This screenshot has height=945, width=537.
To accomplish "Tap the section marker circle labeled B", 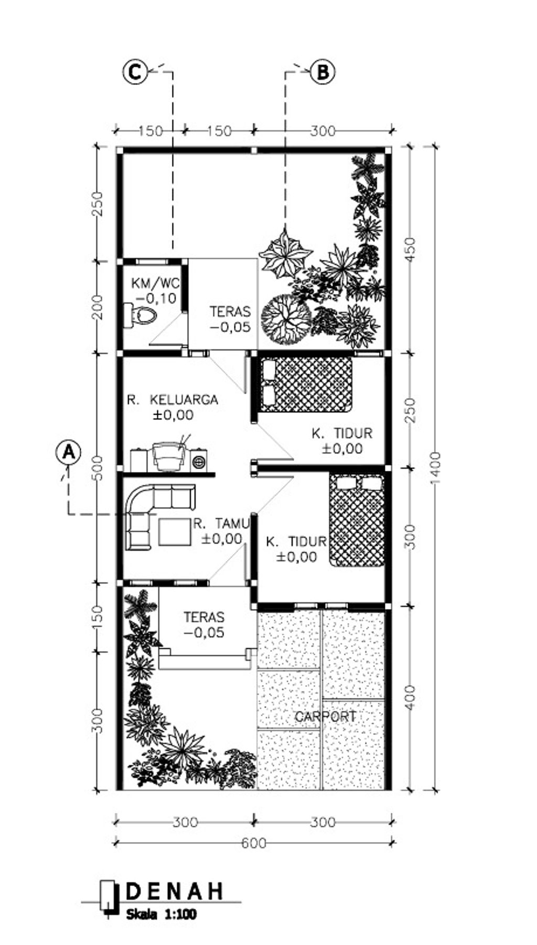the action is tap(323, 71).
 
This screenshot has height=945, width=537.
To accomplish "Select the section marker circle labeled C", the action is tap(135, 71).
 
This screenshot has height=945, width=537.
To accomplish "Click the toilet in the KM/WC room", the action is tap(141, 316).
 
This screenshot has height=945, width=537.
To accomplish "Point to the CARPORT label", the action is tap(326, 716).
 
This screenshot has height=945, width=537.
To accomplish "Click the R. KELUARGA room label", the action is tap(173, 400).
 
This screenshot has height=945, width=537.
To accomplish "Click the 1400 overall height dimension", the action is tap(435, 469).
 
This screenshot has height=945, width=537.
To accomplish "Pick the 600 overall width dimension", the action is tap(254, 843).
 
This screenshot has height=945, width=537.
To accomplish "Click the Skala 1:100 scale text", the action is tap(161, 914).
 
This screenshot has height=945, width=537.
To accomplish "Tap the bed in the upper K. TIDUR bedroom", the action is tap(306, 384).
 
